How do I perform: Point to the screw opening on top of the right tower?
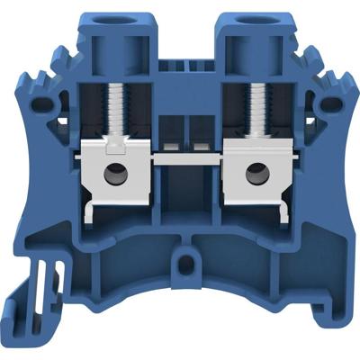[242, 17]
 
